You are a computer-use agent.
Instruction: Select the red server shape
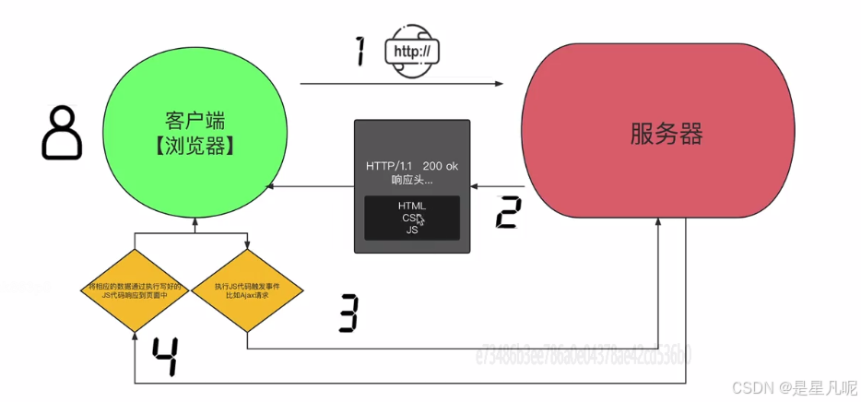[657, 134]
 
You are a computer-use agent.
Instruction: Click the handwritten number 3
[347, 313]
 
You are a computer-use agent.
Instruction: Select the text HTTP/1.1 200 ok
[411, 165]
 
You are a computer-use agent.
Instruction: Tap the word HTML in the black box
[412, 206]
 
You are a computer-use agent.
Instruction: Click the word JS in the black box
[412, 231]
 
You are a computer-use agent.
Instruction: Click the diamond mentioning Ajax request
[247, 290]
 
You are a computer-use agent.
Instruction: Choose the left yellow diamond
[135, 290]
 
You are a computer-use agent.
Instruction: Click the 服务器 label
[666, 135]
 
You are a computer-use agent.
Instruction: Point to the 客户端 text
[195, 121]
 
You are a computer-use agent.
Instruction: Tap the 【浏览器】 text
[195, 146]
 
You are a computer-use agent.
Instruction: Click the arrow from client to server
[401, 84]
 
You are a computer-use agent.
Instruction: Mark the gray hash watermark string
[583, 355]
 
